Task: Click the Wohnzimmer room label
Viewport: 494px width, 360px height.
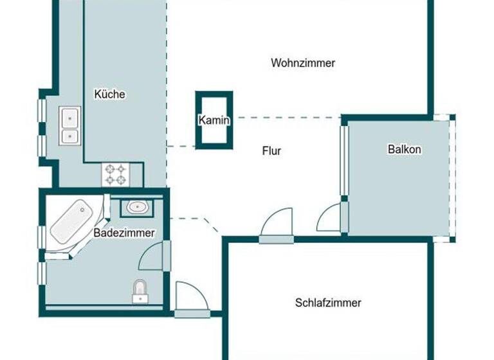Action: (303, 63)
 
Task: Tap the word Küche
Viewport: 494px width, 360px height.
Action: (109, 94)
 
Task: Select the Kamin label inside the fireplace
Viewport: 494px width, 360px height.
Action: (214, 120)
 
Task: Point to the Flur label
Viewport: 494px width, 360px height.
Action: (271, 152)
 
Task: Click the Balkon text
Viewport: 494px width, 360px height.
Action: (404, 149)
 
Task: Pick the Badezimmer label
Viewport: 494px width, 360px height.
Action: (124, 233)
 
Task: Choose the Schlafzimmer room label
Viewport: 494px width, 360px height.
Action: (328, 303)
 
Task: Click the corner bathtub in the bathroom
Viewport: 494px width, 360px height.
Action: (73, 222)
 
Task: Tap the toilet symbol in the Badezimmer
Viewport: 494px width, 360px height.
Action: (140, 291)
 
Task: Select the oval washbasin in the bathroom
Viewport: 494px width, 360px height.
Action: (136, 208)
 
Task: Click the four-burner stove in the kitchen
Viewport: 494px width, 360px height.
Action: (116, 174)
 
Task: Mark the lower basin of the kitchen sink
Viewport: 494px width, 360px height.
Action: (69, 136)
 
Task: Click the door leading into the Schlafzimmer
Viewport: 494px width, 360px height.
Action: (276, 226)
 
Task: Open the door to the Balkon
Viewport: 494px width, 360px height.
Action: (332, 219)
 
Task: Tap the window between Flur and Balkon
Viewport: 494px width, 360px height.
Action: (343, 160)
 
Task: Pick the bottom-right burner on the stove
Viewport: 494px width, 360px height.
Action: (122, 180)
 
